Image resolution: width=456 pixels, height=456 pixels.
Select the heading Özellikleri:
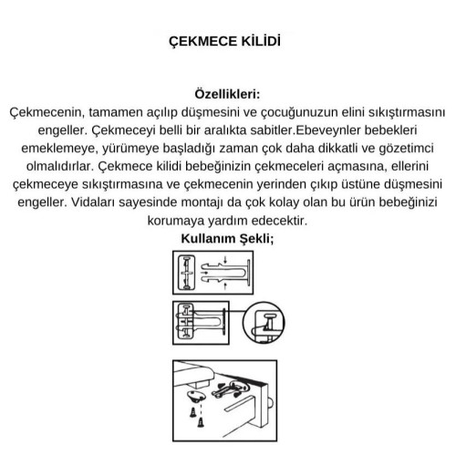[227, 94]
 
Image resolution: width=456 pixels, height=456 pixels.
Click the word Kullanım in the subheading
[208, 238]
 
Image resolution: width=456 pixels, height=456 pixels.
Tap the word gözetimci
[406, 149]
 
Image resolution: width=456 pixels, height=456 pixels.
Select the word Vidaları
[92, 202]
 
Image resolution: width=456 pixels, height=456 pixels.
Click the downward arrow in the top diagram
[225, 260]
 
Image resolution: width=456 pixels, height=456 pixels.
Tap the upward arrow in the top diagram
[225, 285]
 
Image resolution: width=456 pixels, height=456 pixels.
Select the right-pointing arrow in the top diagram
[204, 273]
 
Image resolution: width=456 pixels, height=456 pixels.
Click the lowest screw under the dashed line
[201, 422]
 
